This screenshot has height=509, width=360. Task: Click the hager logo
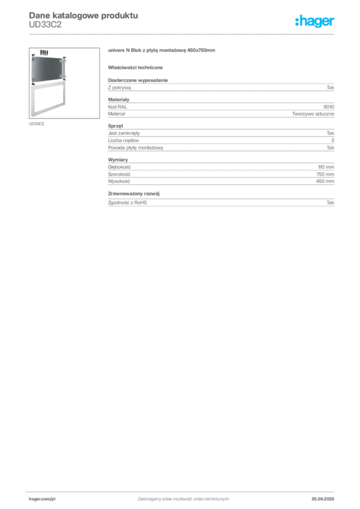(314, 21)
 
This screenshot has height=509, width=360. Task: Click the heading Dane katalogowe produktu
(84, 15)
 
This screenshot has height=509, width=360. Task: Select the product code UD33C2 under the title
(45, 25)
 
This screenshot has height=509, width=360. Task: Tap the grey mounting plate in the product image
(47, 69)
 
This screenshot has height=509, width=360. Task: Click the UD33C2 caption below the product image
(36, 124)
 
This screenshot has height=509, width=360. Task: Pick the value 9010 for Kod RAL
(329, 107)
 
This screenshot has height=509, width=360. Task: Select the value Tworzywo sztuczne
(313, 114)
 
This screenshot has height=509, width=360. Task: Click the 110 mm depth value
(326, 167)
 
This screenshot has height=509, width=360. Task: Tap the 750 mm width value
(325, 174)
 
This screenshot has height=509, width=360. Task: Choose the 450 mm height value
(325, 181)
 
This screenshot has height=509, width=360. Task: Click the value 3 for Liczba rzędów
(333, 140)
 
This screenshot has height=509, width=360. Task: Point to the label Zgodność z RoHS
(127, 202)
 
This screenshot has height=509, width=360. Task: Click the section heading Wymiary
(118, 160)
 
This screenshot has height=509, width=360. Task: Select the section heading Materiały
(118, 99)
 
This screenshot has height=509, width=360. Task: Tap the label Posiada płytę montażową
(135, 148)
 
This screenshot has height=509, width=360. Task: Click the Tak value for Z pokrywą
(330, 87)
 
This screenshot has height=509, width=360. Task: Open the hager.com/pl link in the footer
(42, 499)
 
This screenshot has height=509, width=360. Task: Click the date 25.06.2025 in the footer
(323, 499)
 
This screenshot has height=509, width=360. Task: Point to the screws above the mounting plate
(44, 52)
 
